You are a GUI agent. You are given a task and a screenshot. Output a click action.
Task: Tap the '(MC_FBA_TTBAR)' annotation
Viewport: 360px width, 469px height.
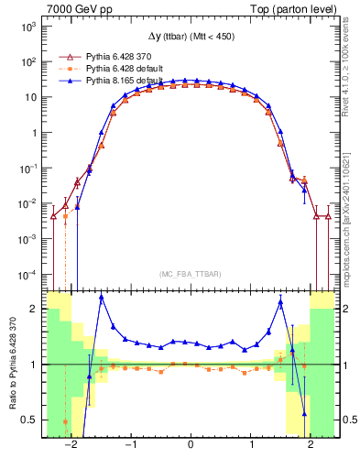pyautogui.click(x=190, y=272)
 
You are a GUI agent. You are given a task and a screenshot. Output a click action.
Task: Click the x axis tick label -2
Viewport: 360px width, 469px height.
pyautogui.click(x=70, y=446)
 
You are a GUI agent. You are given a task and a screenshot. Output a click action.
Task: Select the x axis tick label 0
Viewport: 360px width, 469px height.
pyautogui.click(x=190, y=446)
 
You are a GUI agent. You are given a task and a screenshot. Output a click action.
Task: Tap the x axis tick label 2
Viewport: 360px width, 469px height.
pyautogui.click(x=310, y=446)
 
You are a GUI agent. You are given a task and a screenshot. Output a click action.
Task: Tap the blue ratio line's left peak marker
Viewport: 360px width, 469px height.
pyautogui.click(x=101, y=297)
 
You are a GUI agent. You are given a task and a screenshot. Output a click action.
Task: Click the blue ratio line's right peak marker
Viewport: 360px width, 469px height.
pyautogui.click(x=280, y=302)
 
